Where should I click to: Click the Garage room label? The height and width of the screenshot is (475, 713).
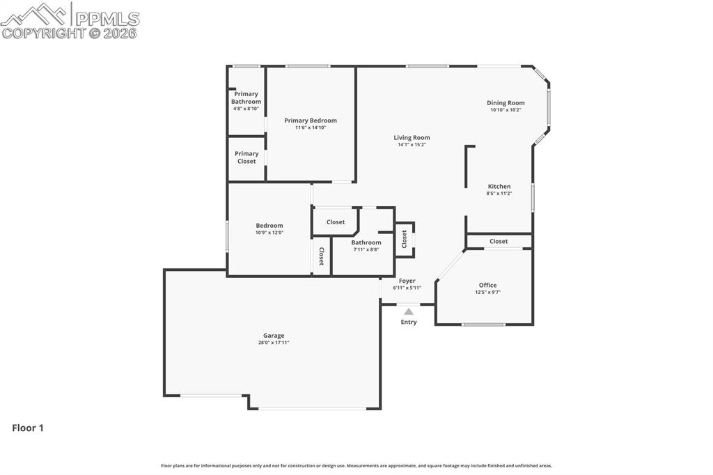[x=273, y=336]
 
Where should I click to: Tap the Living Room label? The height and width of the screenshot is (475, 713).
[x=412, y=138]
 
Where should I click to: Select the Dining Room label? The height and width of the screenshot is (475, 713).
[x=506, y=103]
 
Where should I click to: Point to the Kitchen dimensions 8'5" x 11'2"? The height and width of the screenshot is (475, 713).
[x=499, y=194]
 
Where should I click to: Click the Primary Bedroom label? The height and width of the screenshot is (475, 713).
[x=311, y=120]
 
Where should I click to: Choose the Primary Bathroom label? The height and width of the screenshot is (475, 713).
[x=246, y=98]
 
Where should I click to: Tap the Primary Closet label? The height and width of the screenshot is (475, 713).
[x=246, y=157]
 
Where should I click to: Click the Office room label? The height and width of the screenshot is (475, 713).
[x=487, y=285]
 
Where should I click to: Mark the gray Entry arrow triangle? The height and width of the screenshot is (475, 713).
[x=409, y=311]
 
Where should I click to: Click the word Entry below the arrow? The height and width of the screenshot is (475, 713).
[x=409, y=322]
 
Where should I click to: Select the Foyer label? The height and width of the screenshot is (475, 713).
[x=407, y=281]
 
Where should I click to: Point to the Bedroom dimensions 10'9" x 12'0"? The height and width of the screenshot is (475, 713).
[x=269, y=233]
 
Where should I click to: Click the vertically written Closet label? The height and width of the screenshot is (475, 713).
[x=322, y=256]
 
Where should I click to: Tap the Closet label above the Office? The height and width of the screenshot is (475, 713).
[x=499, y=241]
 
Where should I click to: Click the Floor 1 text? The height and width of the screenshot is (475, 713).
[x=28, y=428]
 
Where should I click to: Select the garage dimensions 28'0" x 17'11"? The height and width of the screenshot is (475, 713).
[x=273, y=343]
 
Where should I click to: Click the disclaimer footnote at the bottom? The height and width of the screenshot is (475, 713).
[x=356, y=466]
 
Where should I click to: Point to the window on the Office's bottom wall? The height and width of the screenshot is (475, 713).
[x=483, y=325]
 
